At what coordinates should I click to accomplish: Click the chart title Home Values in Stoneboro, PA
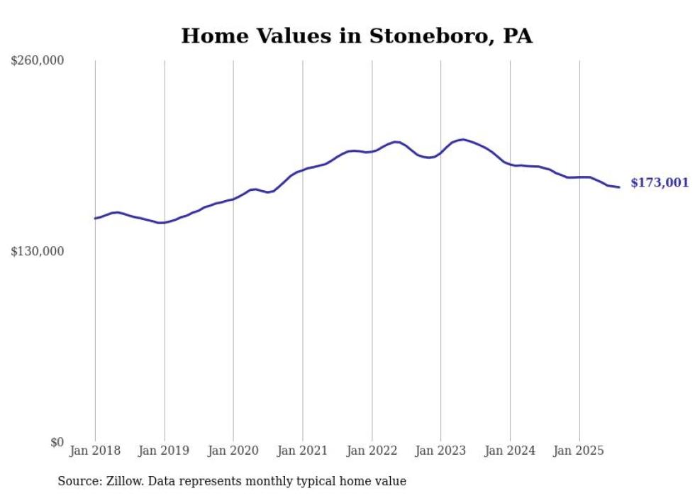point(357,36)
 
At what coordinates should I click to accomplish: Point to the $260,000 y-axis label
point(38,60)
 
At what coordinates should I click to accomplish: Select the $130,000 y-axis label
point(38,251)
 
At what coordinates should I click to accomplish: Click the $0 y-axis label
point(57,442)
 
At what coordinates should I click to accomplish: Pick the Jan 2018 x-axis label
point(95,451)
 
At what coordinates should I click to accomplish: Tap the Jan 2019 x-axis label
point(165,451)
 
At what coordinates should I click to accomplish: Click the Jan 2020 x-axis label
point(233,451)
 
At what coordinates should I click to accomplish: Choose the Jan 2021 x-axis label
point(303,451)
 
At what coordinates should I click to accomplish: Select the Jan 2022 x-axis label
point(372,451)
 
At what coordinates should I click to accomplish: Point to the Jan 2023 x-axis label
point(441,451)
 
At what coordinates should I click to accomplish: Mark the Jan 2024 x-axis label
point(510,451)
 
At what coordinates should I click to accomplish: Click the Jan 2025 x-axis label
point(579,451)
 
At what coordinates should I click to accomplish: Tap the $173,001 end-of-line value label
point(660,183)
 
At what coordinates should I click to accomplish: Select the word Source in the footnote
point(78,481)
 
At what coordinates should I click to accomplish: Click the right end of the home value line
point(619,187)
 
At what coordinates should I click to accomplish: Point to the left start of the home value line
point(95,219)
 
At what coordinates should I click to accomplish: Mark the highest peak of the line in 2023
point(463,140)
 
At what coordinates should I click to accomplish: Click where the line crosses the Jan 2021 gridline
point(303,170)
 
